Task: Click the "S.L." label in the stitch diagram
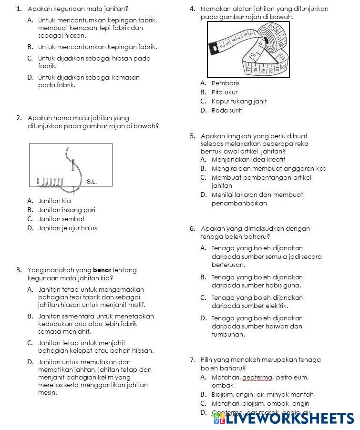[x=92, y=182]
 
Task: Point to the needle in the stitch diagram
[x=73, y=165]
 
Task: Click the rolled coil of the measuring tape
[x=271, y=41]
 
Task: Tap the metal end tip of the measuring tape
[x=214, y=48]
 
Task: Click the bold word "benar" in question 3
[x=102, y=270]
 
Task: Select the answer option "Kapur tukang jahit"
[x=239, y=101]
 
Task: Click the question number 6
[x=192, y=228]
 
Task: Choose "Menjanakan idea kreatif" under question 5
[x=248, y=159]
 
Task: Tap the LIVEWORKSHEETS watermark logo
[x=284, y=418]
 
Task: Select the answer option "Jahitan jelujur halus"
[x=67, y=228]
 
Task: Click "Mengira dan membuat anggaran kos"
[x=268, y=168]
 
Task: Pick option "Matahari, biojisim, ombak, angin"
[x=260, y=403]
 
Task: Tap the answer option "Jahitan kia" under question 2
[x=54, y=201]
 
